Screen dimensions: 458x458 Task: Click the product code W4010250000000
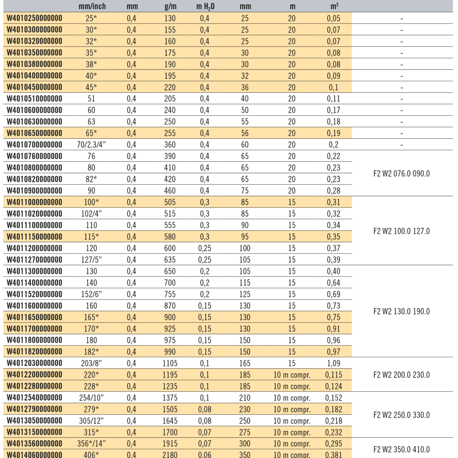[35, 18]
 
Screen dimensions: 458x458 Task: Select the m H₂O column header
[205, 6]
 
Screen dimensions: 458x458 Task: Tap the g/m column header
[170, 6]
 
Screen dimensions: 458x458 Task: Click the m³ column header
[334, 6]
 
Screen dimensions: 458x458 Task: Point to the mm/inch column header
[92, 6]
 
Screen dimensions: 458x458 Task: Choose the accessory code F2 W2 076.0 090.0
[401, 174]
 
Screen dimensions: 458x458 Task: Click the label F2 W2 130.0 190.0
[401, 311]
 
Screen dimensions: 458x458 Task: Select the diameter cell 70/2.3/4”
[91, 145]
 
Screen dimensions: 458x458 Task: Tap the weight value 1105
[170, 363]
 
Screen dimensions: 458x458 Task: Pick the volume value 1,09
[333, 363]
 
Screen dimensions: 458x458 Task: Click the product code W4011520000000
[35, 294]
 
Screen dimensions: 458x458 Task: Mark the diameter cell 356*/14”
[91, 444]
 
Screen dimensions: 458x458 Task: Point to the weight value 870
[170, 306]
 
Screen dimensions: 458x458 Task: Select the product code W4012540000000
[35, 398]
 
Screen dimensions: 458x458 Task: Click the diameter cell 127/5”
[91, 260]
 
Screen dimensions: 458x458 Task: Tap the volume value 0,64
[333, 283]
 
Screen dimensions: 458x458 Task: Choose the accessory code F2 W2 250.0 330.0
[401, 415]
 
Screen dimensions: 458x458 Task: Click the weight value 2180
[170, 454]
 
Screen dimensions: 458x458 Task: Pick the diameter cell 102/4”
[91, 214]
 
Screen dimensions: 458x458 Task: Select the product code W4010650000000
[35, 133]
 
